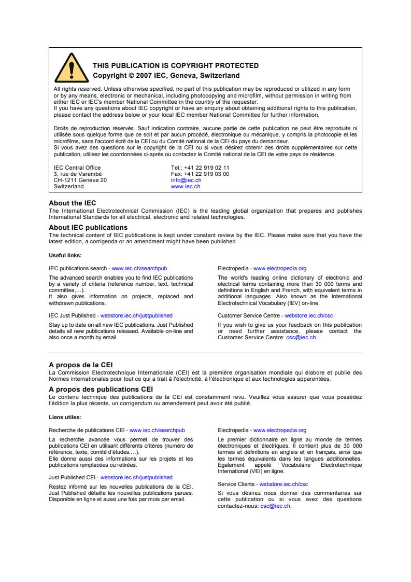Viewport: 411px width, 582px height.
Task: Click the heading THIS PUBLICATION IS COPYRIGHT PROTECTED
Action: [175, 65]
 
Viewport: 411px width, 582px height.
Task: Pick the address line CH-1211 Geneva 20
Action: [80, 181]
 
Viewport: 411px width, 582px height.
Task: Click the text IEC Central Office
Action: [77, 168]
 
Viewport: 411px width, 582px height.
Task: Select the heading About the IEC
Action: [72, 203]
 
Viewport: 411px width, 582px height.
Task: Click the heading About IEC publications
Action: [88, 227]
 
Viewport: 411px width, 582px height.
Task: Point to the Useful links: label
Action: [65, 255]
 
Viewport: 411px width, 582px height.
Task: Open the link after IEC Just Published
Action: [136, 315]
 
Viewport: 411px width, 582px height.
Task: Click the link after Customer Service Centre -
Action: [309, 315]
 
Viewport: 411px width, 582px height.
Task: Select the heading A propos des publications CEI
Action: [101, 389]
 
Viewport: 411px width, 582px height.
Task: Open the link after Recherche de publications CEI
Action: [157, 430]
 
